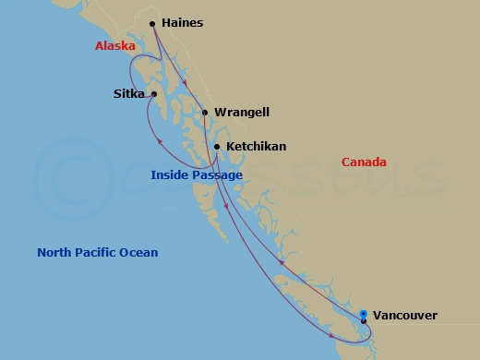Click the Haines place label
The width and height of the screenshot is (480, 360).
pos(182,23)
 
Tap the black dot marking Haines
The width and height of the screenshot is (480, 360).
pos(152,24)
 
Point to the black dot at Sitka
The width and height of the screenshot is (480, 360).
pos(154,93)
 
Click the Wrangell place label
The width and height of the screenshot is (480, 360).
pos(241,113)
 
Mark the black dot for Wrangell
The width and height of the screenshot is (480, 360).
pos(204,113)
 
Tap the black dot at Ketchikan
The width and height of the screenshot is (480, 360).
pos(217,146)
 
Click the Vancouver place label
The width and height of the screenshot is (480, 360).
pos(405,316)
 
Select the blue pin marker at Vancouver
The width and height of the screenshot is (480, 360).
pos(364,315)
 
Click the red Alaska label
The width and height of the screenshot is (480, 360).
pos(115,46)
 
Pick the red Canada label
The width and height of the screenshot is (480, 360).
pos(364,162)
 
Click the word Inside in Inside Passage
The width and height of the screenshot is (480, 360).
pos(172,174)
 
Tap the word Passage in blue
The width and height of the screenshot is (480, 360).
pos(219,174)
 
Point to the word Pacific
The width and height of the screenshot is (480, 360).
pos(99,252)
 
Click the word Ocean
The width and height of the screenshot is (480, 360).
pos(140,252)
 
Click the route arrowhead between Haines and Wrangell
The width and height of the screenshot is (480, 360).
pos(187,84)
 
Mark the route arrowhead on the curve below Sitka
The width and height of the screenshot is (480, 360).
pos(162,141)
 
